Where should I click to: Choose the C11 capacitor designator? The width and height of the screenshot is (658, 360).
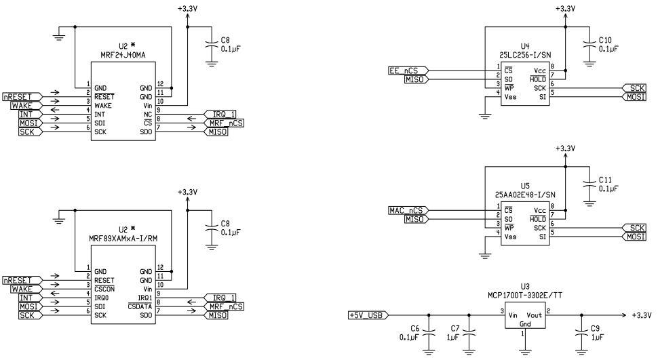pos(606,180)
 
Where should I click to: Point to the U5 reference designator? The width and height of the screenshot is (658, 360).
pos(524,185)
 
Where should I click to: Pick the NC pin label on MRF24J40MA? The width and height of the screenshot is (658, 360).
pos(148,114)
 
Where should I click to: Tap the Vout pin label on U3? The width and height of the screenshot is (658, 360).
pos(534,315)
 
